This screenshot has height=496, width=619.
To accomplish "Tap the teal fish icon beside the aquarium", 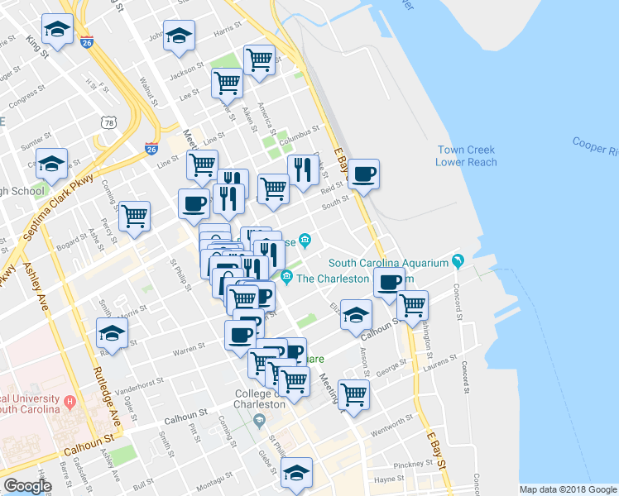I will [x=457, y=262].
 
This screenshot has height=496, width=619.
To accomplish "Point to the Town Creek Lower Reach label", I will [x=467, y=155].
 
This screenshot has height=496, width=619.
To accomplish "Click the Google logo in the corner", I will [x=27, y=486].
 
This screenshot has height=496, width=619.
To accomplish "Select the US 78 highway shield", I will [x=110, y=123].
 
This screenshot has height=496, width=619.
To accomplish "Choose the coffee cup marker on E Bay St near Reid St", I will [x=362, y=175].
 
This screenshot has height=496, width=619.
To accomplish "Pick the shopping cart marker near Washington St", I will [x=412, y=305].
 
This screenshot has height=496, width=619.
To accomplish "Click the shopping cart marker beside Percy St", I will [x=134, y=217].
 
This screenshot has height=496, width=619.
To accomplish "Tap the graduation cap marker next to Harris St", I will [x=179, y=36].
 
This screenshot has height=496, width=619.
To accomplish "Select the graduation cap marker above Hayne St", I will [x=295, y=473].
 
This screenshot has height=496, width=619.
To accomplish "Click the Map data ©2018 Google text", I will [x=567, y=489].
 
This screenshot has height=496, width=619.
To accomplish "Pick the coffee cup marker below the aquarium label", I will [x=388, y=283].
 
